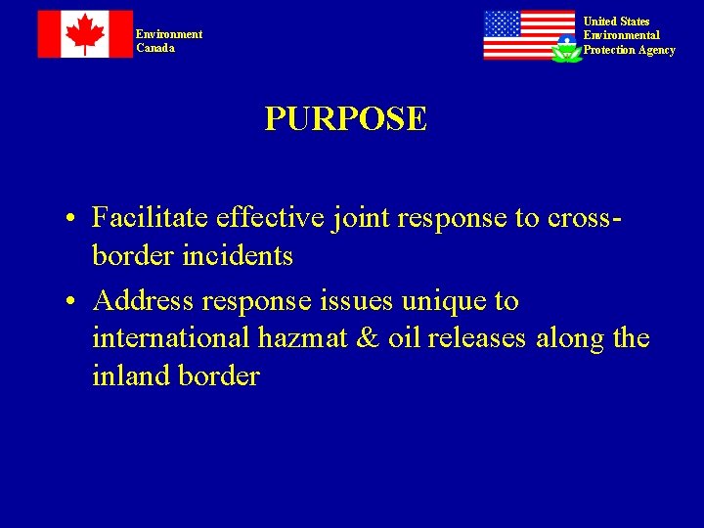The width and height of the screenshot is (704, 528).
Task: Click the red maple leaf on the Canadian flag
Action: click(85, 34)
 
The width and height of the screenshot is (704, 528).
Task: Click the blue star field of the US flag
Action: click(502, 23)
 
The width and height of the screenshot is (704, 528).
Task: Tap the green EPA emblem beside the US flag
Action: click(566, 49)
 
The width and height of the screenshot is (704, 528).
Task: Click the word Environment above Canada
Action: click(169, 34)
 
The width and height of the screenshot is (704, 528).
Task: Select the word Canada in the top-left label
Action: click(155, 48)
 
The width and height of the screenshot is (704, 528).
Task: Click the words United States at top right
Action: click(616, 22)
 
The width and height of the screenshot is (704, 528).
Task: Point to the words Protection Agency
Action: click(629, 50)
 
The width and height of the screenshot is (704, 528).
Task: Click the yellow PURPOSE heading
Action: click(345, 119)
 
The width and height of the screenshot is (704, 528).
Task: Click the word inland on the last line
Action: click(131, 376)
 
